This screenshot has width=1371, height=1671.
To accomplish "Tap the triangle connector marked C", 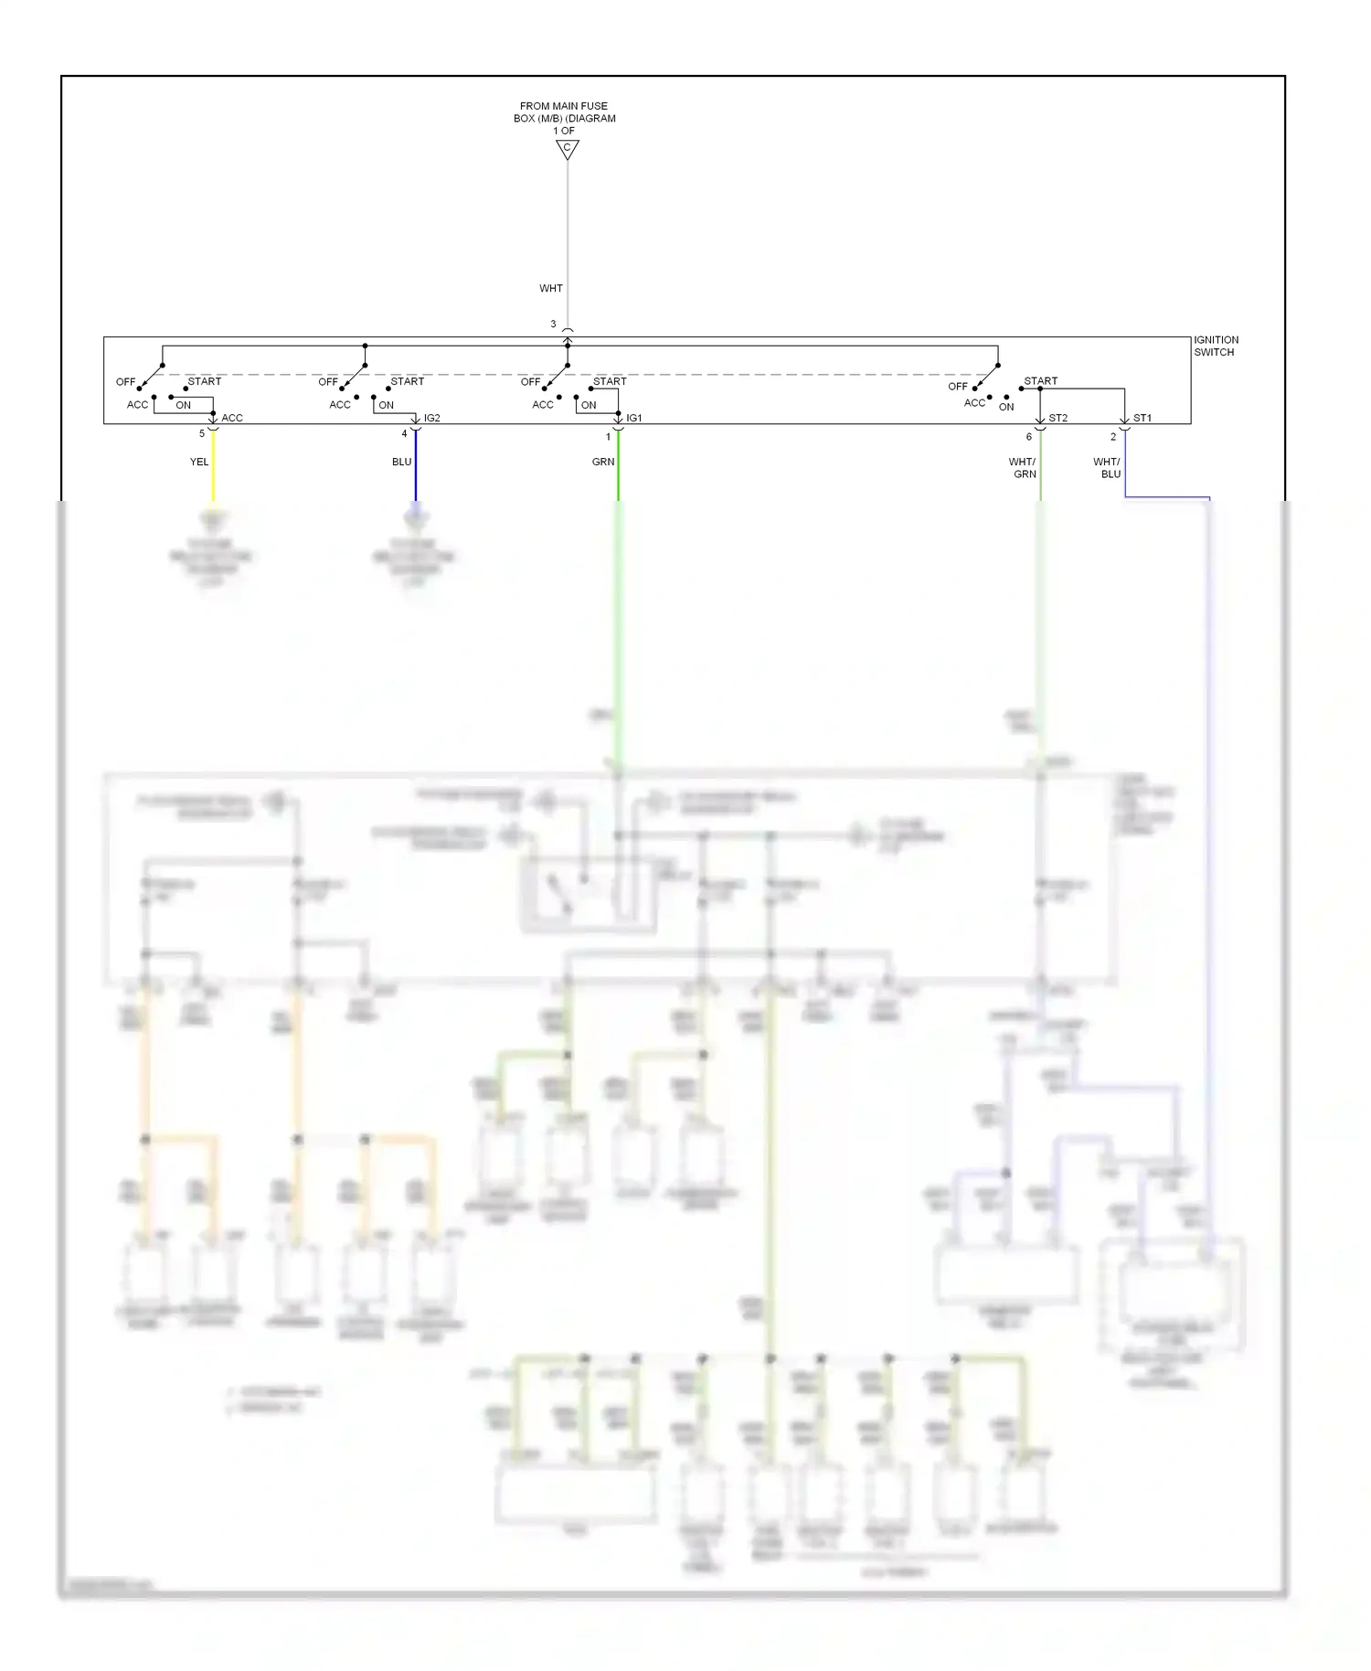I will [x=568, y=149].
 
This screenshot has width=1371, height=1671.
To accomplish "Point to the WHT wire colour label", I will [x=551, y=289].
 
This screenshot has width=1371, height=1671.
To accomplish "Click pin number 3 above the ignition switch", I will [x=553, y=325].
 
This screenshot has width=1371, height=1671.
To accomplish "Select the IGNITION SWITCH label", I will [x=1216, y=346].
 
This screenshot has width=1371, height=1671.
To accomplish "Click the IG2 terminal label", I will [x=432, y=419].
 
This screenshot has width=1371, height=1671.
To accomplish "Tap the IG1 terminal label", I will [x=634, y=419].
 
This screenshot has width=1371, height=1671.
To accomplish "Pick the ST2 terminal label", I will [x=1058, y=419].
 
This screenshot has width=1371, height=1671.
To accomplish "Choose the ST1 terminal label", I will [x=1142, y=419].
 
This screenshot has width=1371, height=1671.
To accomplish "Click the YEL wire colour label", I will [x=199, y=463].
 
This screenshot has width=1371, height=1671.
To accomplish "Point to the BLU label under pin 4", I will [x=402, y=463].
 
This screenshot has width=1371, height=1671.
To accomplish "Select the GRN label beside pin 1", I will [x=603, y=463].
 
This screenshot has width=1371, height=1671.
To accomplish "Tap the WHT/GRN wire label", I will [x=1023, y=468].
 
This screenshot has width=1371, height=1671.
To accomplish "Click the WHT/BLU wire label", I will [x=1107, y=468].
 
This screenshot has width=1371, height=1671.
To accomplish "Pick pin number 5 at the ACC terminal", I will [x=202, y=434].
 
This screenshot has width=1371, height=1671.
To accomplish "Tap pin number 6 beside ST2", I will [x=1029, y=437].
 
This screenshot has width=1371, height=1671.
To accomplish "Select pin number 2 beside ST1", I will [x=1113, y=437].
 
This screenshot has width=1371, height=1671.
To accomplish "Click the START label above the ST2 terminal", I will [x=1040, y=381].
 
